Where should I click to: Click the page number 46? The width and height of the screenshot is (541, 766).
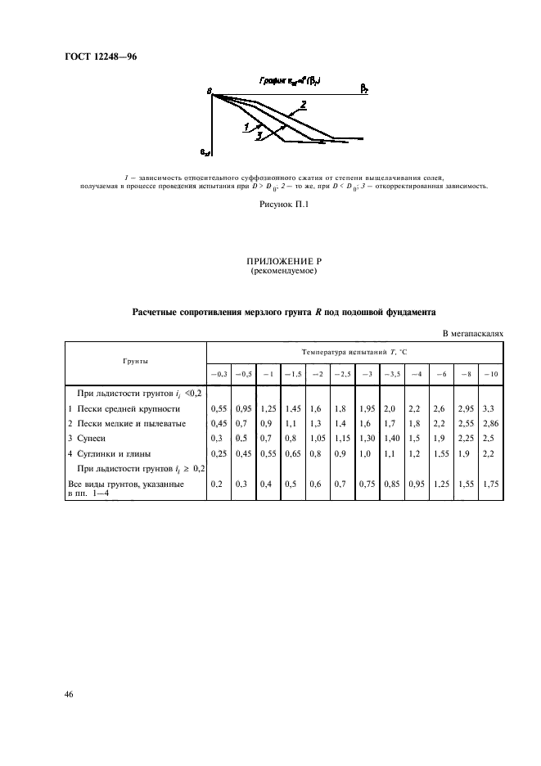(x=69, y=694)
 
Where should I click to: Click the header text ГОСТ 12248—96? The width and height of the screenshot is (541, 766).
(x=97, y=57)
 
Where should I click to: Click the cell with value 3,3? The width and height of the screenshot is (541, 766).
(x=488, y=408)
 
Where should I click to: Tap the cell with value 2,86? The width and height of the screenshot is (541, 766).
(x=489, y=423)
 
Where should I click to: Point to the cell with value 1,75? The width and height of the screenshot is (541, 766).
(x=490, y=484)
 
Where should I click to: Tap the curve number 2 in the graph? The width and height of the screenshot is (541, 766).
(x=304, y=104)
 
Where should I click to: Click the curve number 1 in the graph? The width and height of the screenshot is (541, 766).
(x=246, y=127)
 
